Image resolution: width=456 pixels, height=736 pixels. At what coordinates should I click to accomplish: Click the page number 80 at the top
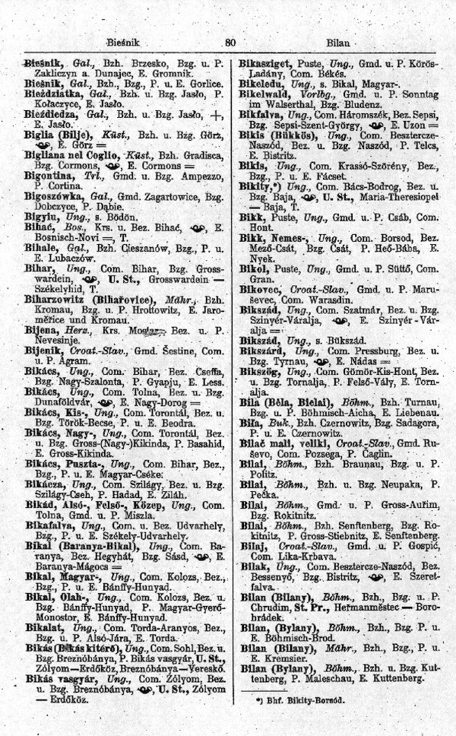tap(230, 44)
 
